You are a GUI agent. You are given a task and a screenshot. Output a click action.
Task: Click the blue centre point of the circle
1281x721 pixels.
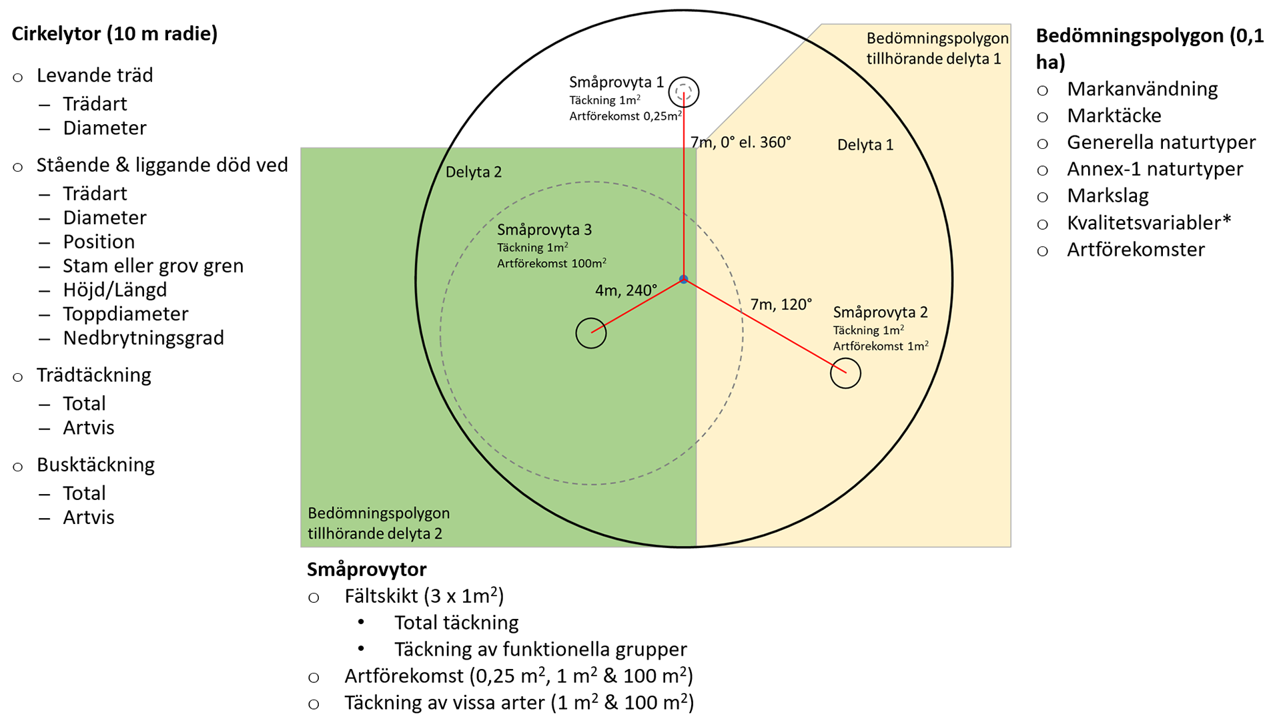coord(683,279)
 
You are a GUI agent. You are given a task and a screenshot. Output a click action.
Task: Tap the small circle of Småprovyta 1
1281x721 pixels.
coord(683,92)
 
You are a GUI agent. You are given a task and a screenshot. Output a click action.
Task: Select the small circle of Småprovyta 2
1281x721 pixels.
coord(845,373)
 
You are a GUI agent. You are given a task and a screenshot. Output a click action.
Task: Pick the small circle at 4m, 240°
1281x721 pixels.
coord(590,333)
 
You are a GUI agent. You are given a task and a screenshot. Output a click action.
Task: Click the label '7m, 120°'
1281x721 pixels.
coord(781,305)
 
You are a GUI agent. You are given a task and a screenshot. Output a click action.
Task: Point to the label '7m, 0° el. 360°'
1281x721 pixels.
coord(741,142)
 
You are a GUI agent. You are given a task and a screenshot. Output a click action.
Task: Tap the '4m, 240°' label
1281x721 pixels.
coord(626,290)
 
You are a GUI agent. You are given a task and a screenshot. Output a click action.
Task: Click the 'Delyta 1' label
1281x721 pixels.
coord(865,145)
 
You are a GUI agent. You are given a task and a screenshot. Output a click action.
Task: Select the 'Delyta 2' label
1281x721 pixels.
coord(473,172)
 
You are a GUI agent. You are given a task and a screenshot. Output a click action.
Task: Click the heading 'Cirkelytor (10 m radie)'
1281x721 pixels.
coord(115,34)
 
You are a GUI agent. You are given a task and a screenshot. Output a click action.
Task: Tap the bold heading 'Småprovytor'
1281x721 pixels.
coord(366,569)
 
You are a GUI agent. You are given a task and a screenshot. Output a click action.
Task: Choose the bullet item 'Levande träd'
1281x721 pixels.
coord(95,75)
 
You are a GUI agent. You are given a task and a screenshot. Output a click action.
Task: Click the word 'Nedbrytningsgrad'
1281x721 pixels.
coord(143,338)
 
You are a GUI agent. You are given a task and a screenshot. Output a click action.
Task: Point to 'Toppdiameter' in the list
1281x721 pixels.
coord(125,314)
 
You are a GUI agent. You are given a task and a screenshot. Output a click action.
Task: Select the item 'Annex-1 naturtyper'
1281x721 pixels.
coord(1155,169)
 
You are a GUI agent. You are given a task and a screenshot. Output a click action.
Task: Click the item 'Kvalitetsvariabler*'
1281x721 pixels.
coord(1148,222)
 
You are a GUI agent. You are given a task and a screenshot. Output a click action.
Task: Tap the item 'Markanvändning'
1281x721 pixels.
coord(1142,89)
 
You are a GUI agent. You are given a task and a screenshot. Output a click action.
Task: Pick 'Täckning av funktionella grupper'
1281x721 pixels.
coord(540,650)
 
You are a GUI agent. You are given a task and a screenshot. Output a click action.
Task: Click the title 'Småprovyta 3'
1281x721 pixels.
coord(544,230)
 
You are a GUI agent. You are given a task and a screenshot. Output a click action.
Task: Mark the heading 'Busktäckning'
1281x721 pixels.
coord(95,465)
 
